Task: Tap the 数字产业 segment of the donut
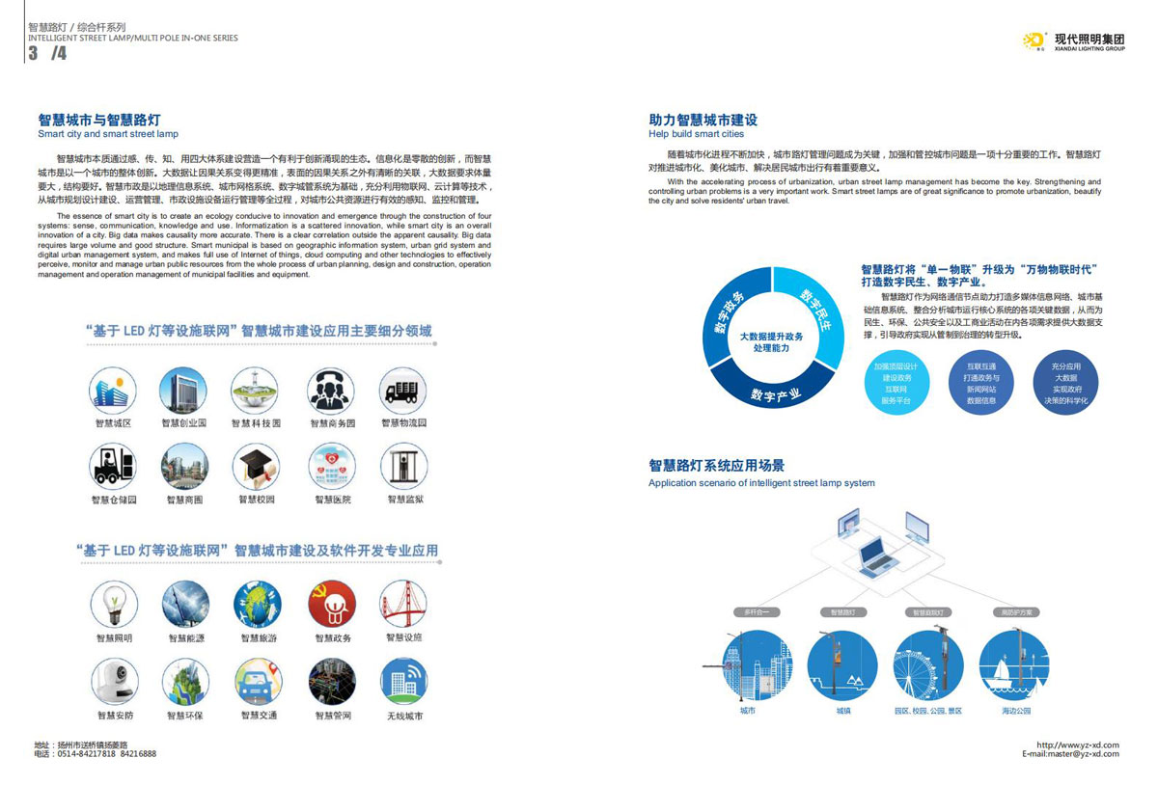(x=777, y=392)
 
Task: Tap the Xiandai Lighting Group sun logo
(x=1034, y=40)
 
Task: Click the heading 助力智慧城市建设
(x=703, y=121)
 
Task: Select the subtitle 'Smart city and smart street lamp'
(x=108, y=134)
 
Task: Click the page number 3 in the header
(x=34, y=54)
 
